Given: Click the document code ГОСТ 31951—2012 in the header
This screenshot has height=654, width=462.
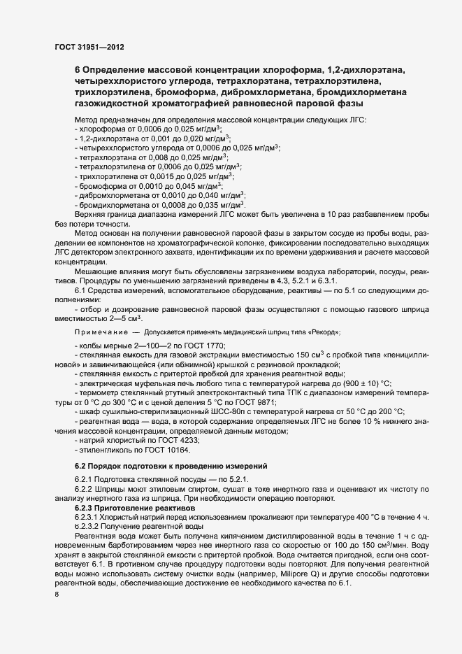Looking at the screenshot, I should click(90, 47).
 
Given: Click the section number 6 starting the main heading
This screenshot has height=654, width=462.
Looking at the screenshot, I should click(77, 70).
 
